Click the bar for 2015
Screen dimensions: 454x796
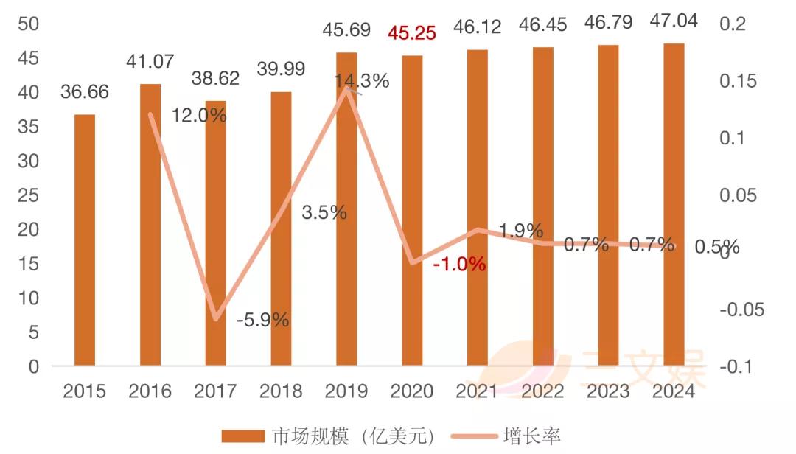click(85, 240)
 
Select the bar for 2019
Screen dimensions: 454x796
click(346, 209)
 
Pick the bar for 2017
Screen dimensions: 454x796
click(215, 234)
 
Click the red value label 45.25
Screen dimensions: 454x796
click(412, 33)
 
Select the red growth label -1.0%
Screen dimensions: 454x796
click(459, 264)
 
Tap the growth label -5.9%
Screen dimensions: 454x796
click(262, 320)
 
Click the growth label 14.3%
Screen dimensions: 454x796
click(361, 81)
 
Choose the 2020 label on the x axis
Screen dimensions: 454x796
click(412, 391)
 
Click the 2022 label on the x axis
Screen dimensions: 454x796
click(543, 391)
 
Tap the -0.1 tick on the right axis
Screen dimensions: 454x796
click(741, 366)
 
